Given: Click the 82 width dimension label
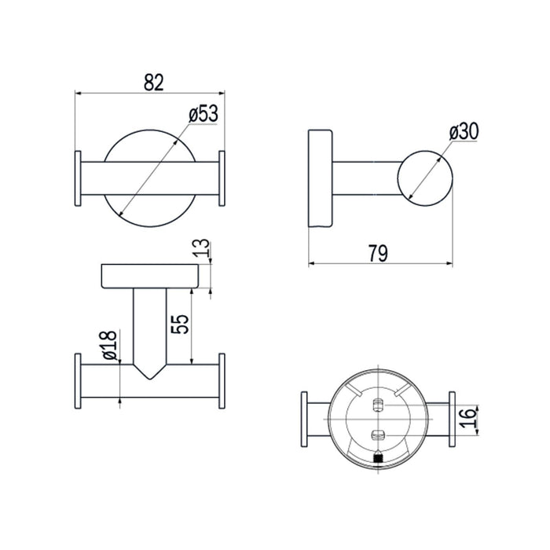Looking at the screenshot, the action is coord(154,82).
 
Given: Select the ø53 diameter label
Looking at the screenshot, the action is coord(203,113).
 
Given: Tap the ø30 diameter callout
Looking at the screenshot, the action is coord(464,132).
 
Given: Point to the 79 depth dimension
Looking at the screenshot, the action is coord(378,253).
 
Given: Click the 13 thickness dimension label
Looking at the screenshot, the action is coord(202,248).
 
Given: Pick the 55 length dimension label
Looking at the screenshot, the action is coord(180,324).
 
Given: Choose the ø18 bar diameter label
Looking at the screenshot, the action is coord(110,345).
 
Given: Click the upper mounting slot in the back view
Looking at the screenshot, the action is coord(378,405).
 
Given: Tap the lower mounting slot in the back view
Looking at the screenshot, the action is coord(378,435).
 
